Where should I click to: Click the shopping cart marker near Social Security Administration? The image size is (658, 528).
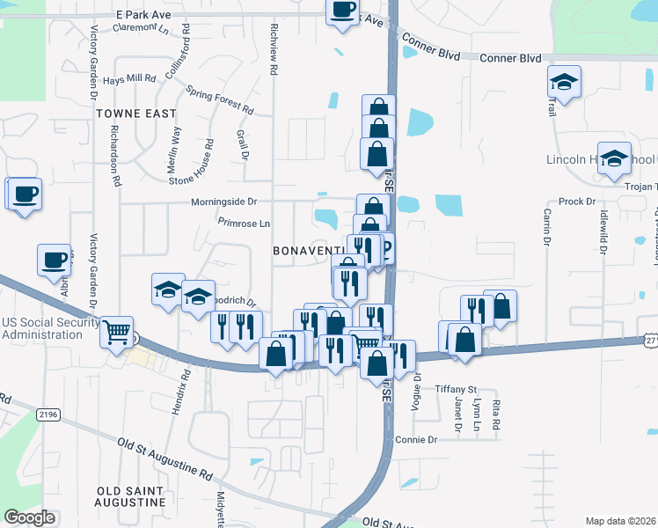click(x=116, y=333)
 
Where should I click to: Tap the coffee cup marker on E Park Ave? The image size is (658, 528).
click(x=343, y=11)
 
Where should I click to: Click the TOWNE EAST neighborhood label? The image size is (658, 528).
click(x=136, y=114)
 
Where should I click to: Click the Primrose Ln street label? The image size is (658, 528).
click(x=244, y=224)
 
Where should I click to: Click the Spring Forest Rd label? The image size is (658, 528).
click(x=219, y=100)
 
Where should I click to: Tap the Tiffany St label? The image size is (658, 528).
click(x=454, y=389)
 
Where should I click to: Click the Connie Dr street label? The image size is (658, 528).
click(x=416, y=439)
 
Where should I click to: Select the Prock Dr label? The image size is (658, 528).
click(x=578, y=202)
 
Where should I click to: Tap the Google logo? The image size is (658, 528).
click(x=29, y=517)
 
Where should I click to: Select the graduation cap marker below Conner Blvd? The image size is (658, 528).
click(x=564, y=84)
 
